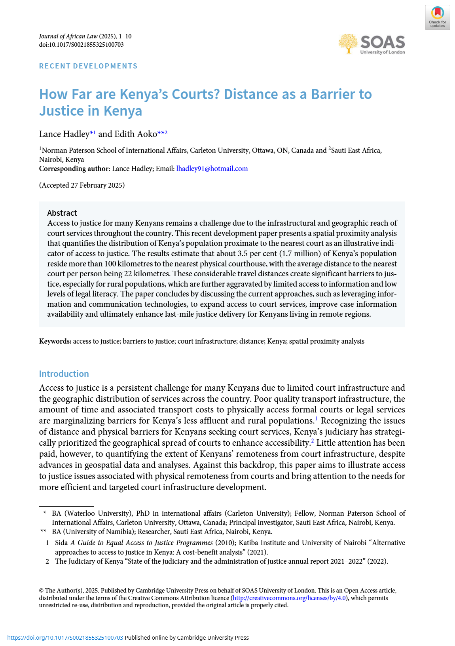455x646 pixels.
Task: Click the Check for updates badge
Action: pyautogui.click(x=437, y=17)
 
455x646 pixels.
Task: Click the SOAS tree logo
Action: pyautogui.click(x=348, y=44)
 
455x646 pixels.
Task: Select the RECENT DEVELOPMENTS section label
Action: pyautogui.click(x=88, y=66)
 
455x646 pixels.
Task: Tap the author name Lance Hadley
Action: pyautogui.click(x=64, y=134)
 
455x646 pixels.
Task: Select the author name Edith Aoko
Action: pyautogui.click(x=136, y=134)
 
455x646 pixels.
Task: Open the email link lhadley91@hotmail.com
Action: pyautogui.click(x=212, y=169)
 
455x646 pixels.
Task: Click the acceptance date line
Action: pyautogui.click(x=82, y=185)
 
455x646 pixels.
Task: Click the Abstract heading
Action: pyautogui.click(x=62, y=213)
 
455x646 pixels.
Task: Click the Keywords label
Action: pyautogui.click(x=55, y=341)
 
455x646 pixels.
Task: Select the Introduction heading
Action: pyautogui.click(x=64, y=374)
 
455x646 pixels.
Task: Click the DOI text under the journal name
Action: pyautogui.click(x=81, y=45)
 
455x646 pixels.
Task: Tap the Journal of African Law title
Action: pyautogui.click(x=68, y=36)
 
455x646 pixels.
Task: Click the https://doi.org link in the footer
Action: pyautogui.click(x=65, y=638)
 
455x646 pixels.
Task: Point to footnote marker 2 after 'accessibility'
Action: pyautogui.click(x=313, y=441)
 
